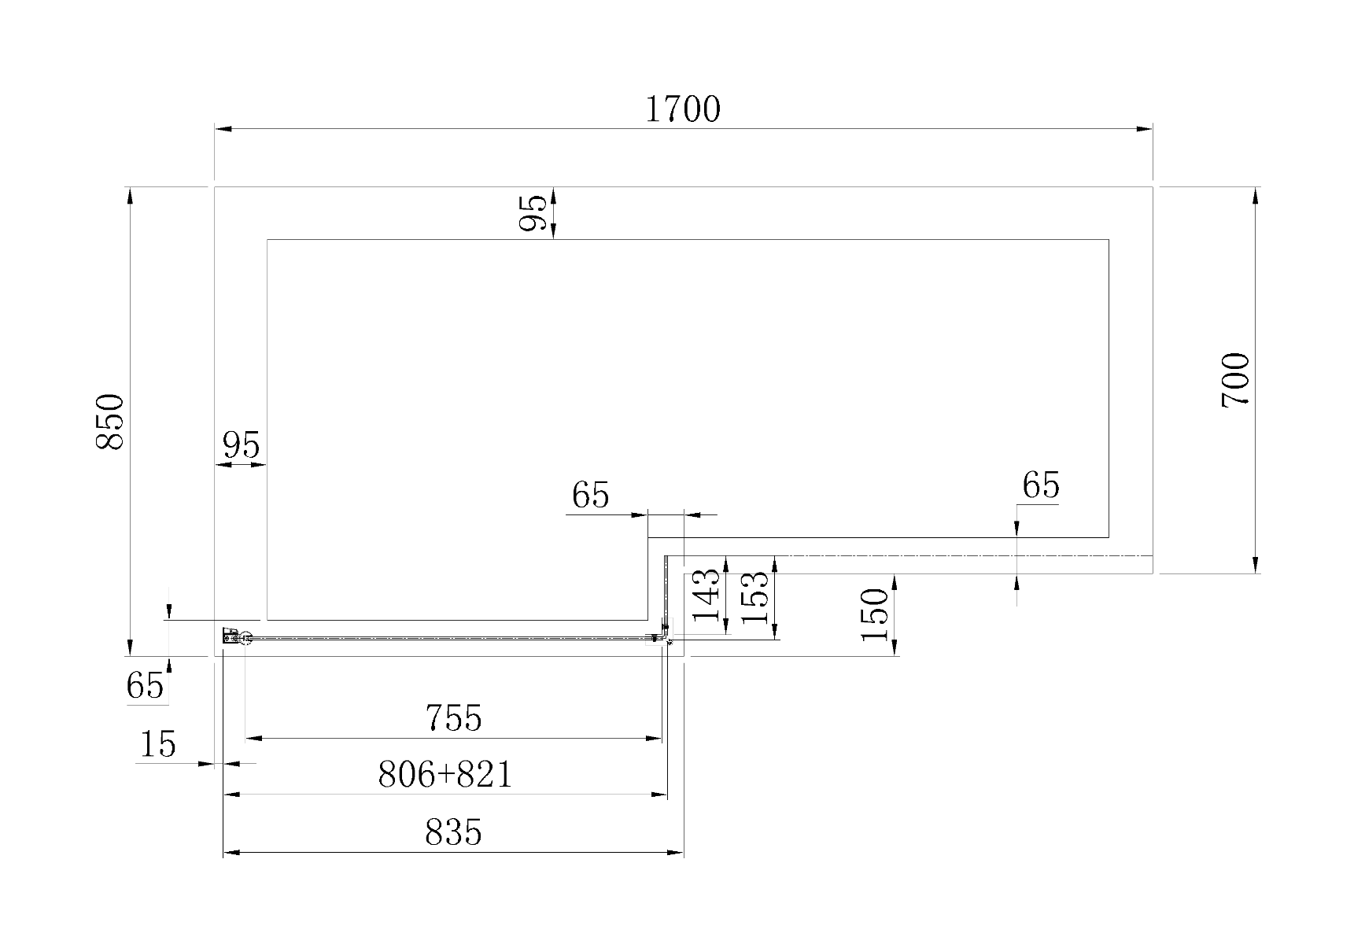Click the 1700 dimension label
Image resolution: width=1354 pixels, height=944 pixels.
pyautogui.click(x=682, y=110)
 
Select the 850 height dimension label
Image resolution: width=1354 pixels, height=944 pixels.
pyautogui.click(x=110, y=422)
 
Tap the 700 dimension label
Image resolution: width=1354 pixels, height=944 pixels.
pyautogui.click(x=1235, y=380)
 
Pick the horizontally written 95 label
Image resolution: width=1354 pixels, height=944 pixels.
pyautogui.click(x=241, y=445)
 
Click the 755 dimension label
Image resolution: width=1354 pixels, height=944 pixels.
pyautogui.click(x=453, y=718)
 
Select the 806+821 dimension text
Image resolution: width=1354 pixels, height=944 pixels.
pyautogui.click(x=445, y=775)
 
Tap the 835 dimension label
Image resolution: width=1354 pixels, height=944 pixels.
pyautogui.click(x=453, y=832)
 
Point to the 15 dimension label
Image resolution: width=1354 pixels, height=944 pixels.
pyautogui.click(x=157, y=744)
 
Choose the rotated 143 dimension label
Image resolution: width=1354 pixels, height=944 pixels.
pyautogui.click(x=707, y=595)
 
